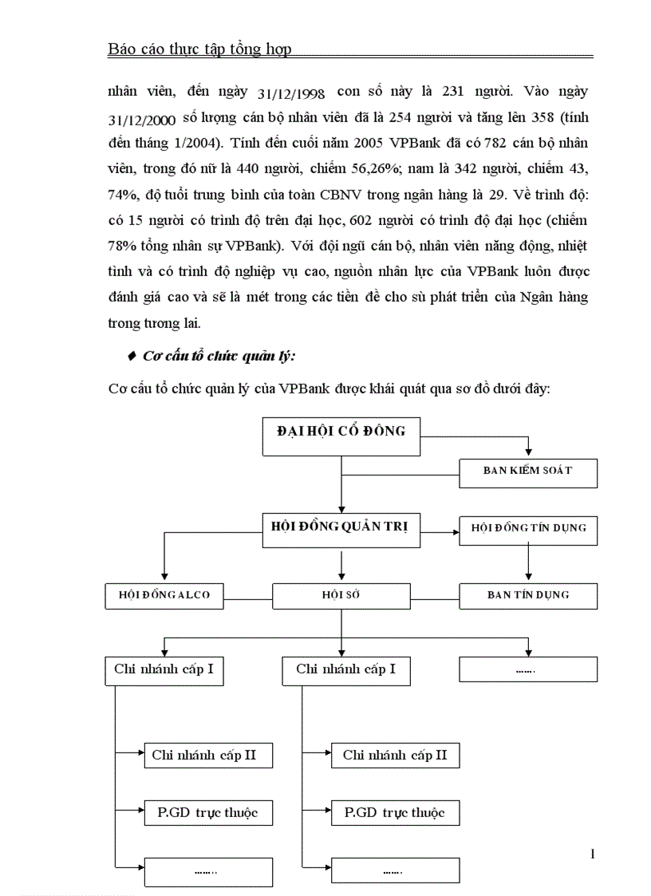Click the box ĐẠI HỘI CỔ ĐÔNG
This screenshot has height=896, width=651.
pyautogui.click(x=341, y=435)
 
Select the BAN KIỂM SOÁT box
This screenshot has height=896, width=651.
pyautogui.click(x=528, y=471)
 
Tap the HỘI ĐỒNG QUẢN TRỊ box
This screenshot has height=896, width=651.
pyautogui.click(x=341, y=529)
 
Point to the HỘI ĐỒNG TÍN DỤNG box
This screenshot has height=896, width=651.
pyautogui.click(x=528, y=527)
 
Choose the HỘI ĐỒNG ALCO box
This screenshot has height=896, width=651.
pyautogui.click(x=164, y=594)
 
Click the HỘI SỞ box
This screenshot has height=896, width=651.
pyautogui.click(x=341, y=594)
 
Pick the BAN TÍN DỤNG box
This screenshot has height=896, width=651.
pyautogui.click(x=528, y=594)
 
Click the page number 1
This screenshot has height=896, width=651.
pyautogui.click(x=592, y=855)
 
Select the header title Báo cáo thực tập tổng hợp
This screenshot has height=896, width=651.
pyautogui.click(x=199, y=49)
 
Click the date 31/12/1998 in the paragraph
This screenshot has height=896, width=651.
pyautogui.click(x=292, y=93)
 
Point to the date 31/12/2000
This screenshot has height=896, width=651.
pyautogui.click(x=141, y=119)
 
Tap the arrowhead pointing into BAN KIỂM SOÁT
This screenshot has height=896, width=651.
pyautogui.click(x=528, y=452)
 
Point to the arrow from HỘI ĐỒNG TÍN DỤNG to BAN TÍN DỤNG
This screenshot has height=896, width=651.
pyautogui.click(x=528, y=562)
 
